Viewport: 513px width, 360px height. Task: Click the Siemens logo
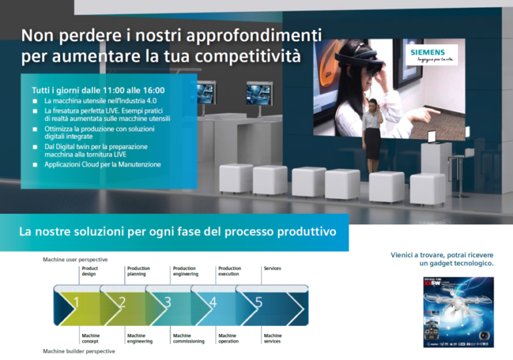pyautogui.click(x=431, y=54)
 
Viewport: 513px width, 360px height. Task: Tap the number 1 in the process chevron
pyautogui.click(x=75, y=303)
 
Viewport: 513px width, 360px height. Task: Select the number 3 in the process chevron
pyautogui.click(x=167, y=303)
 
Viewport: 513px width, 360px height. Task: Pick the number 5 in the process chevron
pyautogui.click(x=259, y=303)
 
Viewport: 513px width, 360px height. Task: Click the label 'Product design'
pyautogui.click(x=90, y=271)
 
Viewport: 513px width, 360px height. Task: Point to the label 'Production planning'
pyautogui.click(x=138, y=271)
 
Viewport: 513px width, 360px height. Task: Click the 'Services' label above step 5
pyautogui.click(x=273, y=268)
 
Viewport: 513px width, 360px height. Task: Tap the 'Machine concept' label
pyautogui.click(x=91, y=339)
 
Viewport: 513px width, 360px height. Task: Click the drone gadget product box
pyautogui.click(x=458, y=312)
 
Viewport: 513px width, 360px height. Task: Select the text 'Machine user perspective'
pyautogui.click(x=75, y=259)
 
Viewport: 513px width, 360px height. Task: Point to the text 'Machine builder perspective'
pyautogui.click(x=79, y=351)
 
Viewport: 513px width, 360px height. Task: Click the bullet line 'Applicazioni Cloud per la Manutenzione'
pyautogui.click(x=102, y=164)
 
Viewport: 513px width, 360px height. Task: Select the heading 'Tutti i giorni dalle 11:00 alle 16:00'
pyautogui.click(x=98, y=90)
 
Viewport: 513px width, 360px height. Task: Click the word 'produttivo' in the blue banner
pyautogui.click(x=305, y=232)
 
